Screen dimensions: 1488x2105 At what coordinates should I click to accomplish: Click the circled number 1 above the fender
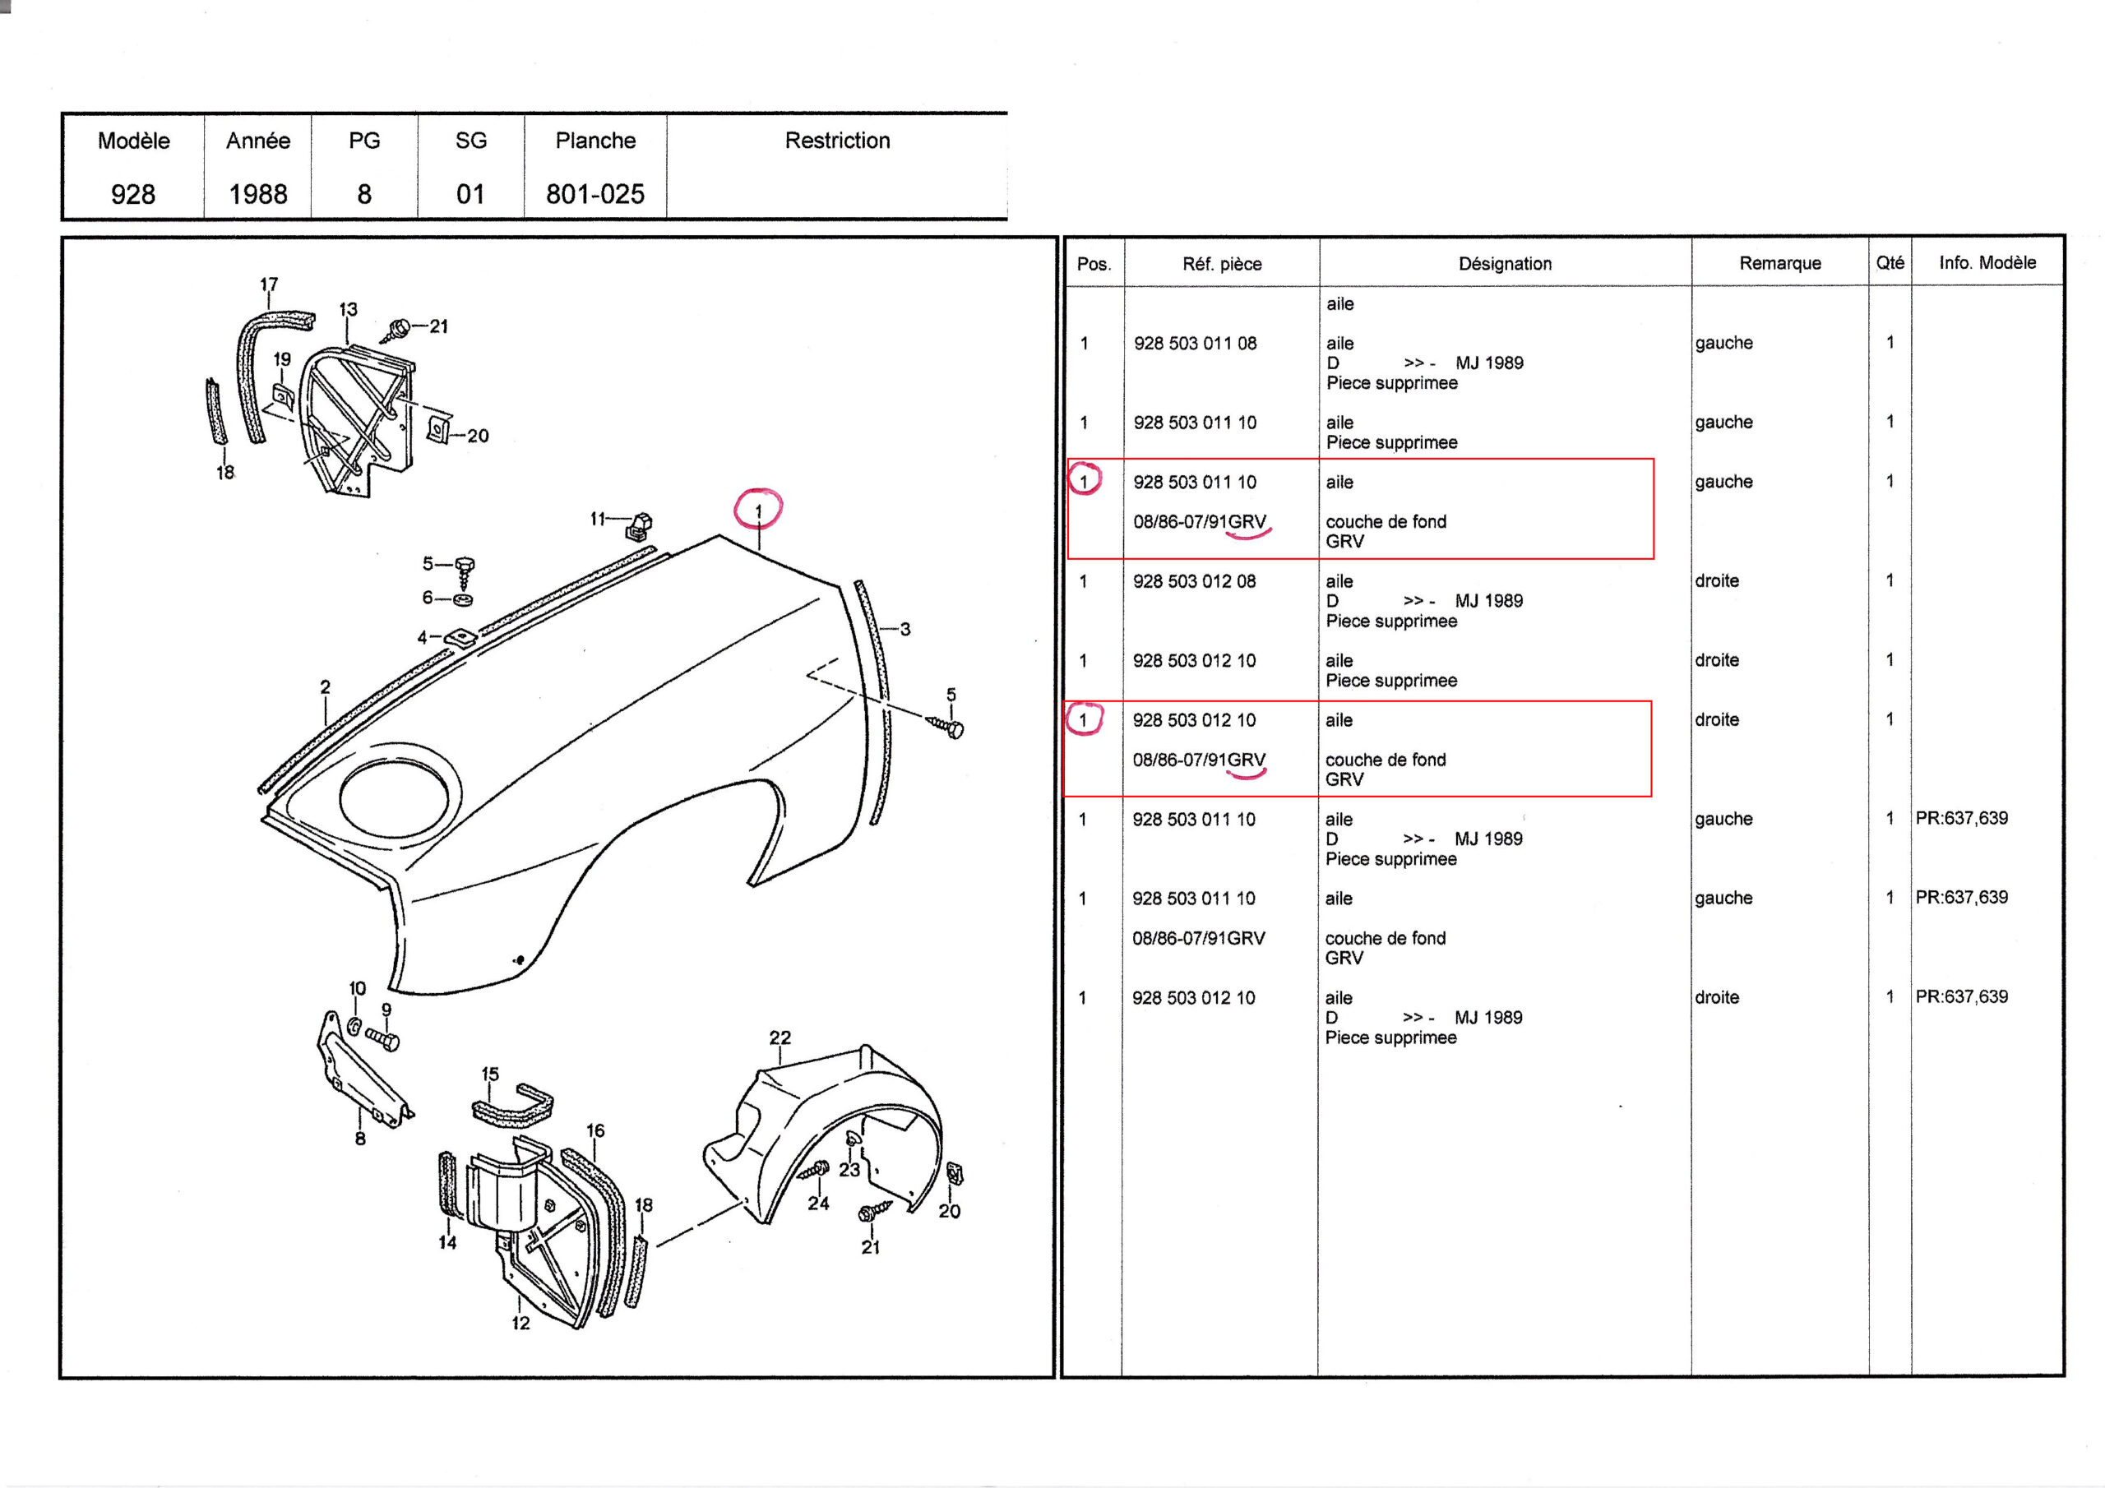(x=758, y=511)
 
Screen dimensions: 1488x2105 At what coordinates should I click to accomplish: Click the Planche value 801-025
(x=595, y=193)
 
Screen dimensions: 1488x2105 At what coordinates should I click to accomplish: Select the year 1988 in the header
(x=257, y=193)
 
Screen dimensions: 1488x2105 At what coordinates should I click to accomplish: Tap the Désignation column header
(x=1505, y=264)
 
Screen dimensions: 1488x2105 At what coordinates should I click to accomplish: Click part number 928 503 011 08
(x=1195, y=344)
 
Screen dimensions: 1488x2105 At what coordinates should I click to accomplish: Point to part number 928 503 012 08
(x=1194, y=581)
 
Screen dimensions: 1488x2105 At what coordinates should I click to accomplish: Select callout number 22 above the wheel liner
(x=780, y=1037)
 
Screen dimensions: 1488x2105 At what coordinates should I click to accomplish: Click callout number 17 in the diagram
(x=269, y=284)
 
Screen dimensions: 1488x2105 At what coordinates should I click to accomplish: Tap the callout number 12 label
(x=520, y=1323)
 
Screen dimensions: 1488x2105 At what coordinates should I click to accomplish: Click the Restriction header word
(x=837, y=141)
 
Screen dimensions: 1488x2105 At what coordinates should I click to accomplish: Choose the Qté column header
(x=1890, y=263)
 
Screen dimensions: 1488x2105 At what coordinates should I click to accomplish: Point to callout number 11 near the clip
(x=598, y=519)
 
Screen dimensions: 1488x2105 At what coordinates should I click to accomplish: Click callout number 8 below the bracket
(x=360, y=1139)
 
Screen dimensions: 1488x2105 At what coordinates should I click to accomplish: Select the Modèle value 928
(x=133, y=193)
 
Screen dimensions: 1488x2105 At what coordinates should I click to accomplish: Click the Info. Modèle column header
(x=1987, y=263)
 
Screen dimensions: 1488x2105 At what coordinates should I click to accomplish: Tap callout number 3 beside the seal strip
(x=904, y=629)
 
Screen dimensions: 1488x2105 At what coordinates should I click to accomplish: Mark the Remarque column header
(x=1779, y=263)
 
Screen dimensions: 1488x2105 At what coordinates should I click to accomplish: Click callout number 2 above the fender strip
(x=326, y=686)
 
